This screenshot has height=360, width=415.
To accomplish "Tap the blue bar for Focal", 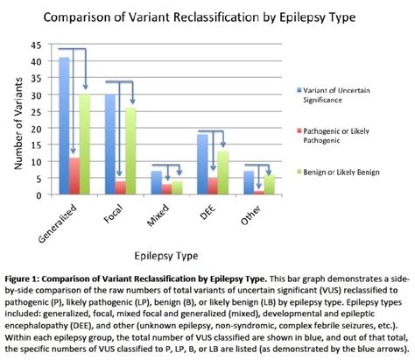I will pos(110,145).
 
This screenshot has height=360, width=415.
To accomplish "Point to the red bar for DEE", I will pos(213,187).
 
